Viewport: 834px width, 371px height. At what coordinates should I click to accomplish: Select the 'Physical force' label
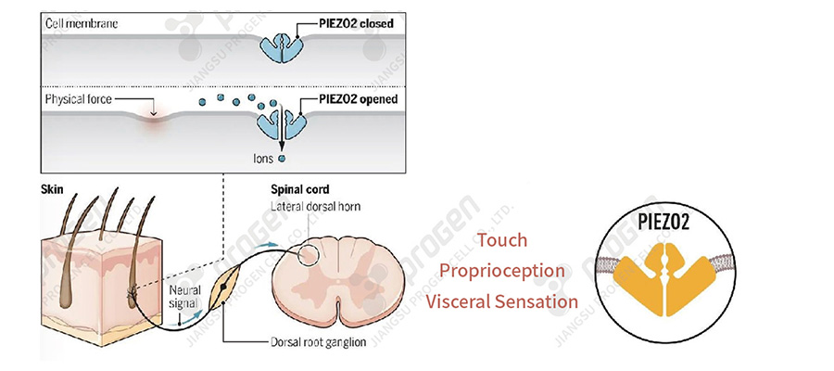(x=80, y=98)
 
